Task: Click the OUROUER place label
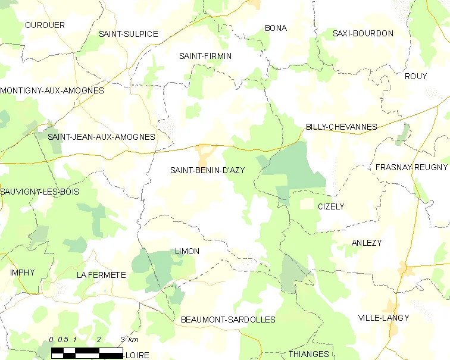click(x=45, y=25)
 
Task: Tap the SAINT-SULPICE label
click(x=129, y=34)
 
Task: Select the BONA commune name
click(x=276, y=28)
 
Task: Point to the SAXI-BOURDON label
click(x=363, y=33)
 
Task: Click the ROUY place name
click(x=415, y=76)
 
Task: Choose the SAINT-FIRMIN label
click(x=205, y=56)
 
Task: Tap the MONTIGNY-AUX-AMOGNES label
click(x=52, y=91)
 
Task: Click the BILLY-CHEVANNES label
click(x=342, y=127)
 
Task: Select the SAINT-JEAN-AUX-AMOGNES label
click(x=101, y=137)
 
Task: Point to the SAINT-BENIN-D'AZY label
click(x=208, y=170)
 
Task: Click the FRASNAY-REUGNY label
click(x=412, y=167)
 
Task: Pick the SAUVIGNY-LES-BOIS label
click(x=40, y=192)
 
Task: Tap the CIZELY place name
click(x=331, y=206)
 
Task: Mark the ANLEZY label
click(x=367, y=243)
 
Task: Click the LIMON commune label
click(x=187, y=251)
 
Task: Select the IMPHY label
click(x=23, y=273)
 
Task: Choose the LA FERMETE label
click(x=101, y=275)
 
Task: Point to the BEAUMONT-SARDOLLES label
click(x=228, y=320)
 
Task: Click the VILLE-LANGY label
click(x=384, y=318)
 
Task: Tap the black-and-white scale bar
click(x=86, y=352)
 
